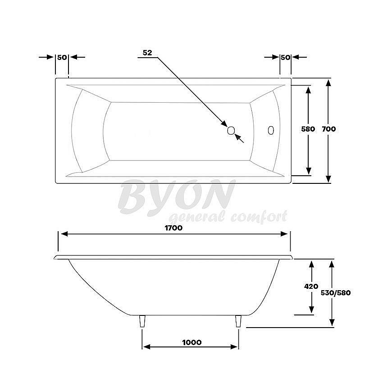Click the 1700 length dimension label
(173, 228)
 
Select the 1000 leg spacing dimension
(192, 342)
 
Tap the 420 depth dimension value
(311, 286)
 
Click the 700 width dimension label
(329, 129)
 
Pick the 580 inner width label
(308, 129)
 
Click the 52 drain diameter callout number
(147, 52)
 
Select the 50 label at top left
(62, 57)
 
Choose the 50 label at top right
(285, 57)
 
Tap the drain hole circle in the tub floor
(231, 130)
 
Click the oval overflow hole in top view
(271, 130)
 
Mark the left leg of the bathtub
(143, 321)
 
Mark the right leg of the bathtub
(238, 321)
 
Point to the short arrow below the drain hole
(240, 138)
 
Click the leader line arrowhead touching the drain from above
(223, 123)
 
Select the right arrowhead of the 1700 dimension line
(284, 234)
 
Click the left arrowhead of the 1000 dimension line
(146, 347)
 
